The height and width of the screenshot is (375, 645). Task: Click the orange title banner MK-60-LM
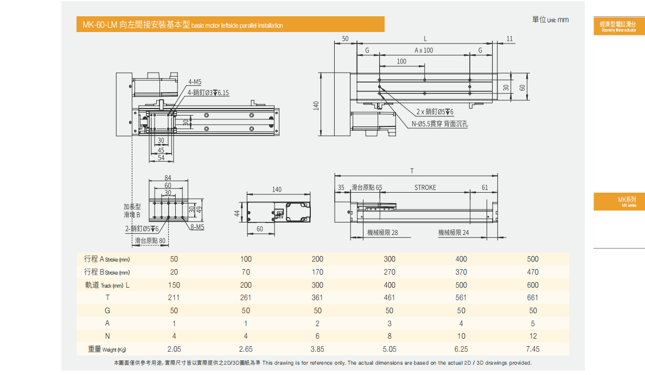[230, 24]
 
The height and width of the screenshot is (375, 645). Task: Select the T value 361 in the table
[317, 297]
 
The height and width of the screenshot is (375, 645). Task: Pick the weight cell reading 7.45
[533, 349]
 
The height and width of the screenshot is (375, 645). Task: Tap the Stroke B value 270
[389, 272]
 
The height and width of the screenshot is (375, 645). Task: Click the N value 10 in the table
[461, 336]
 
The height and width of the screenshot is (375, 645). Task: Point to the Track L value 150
[174, 285]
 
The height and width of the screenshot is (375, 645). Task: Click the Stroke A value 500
[533, 259]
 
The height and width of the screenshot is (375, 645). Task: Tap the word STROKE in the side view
[425, 188]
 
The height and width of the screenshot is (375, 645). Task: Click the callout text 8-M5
[197, 227]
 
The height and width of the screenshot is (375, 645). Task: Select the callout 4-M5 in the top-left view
[195, 82]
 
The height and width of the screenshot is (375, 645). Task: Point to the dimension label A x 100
[424, 50]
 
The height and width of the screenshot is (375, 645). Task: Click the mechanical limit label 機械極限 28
[382, 233]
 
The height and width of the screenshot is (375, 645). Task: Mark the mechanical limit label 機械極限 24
[454, 233]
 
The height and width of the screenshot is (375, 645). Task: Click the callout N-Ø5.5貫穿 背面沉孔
[439, 124]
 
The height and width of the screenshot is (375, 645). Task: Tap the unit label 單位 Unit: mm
[550, 20]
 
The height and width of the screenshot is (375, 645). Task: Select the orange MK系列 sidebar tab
[619, 202]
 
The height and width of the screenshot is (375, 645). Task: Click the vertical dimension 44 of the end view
[237, 213]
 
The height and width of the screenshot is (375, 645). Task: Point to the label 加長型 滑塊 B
[132, 211]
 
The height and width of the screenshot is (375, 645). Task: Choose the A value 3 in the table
[389, 323]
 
